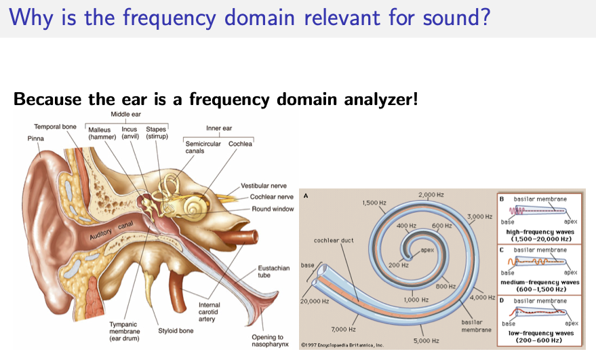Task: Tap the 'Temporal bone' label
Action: [x=55, y=127]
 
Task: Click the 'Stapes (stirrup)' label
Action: [x=157, y=132]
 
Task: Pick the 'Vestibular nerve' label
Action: [x=264, y=186]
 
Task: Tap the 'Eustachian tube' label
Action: [x=274, y=272]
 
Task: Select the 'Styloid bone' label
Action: [x=176, y=331]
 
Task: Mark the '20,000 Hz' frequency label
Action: [x=315, y=300]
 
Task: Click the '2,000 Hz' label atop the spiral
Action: [x=431, y=195]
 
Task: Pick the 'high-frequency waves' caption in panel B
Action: [x=540, y=232]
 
